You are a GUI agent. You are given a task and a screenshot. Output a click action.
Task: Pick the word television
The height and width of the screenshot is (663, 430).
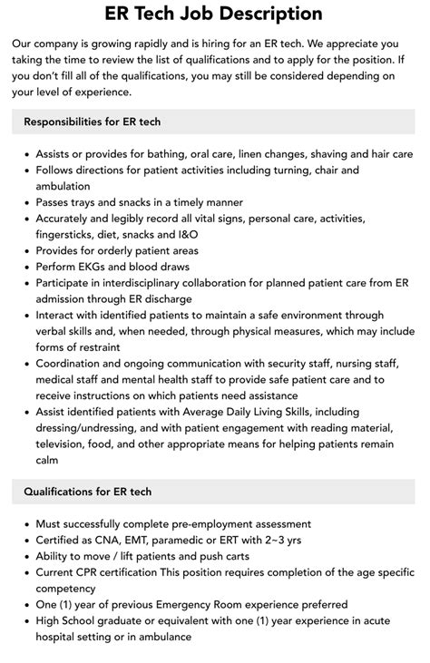(66, 444)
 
